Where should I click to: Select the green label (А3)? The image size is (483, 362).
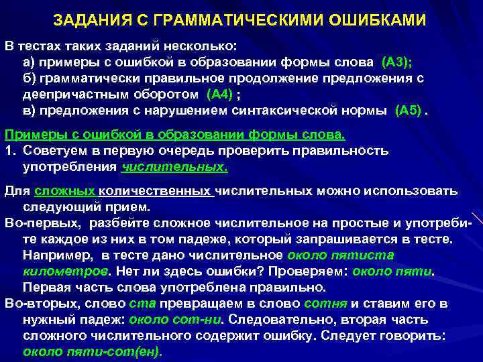[x=396, y=63]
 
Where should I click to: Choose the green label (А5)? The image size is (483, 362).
[x=410, y=109]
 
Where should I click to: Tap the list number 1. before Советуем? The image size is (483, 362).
[x=10, y=151]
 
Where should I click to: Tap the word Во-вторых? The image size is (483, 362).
[x=40, y=303]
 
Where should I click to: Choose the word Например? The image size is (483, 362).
[x=58, y=255]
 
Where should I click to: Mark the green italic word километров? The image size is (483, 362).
[x=65, y=271]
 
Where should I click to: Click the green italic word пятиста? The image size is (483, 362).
[x=370, y=255]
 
